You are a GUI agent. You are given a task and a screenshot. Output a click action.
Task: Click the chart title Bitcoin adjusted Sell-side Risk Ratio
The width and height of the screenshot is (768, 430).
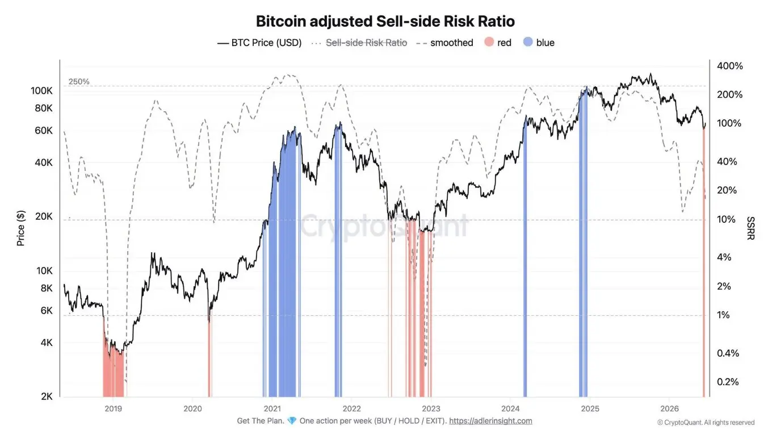[385, 21]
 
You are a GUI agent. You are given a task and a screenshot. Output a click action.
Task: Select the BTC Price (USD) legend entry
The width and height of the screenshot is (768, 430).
[259, 43]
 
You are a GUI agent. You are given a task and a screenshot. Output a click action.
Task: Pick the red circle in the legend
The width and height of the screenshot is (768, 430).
[489, 42]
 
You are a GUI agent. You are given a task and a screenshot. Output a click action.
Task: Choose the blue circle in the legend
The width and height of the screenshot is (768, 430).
[528, 42]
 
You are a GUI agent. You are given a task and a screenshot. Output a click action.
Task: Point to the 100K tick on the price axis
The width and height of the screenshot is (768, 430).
[42, 91]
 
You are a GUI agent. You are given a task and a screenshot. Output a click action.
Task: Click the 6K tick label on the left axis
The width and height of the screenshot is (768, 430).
[47, 311]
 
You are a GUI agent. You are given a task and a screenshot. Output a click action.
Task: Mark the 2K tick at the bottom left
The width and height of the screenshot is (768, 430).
[47, 396]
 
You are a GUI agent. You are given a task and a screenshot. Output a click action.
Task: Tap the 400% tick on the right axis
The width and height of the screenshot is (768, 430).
[730, 66]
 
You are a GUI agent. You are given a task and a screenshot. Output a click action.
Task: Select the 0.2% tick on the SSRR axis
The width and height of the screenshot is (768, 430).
[728, 382]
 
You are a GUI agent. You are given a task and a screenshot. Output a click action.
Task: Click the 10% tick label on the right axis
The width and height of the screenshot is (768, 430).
[726, 219]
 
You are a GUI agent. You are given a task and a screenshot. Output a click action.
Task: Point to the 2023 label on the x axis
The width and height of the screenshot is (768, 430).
[431, 409]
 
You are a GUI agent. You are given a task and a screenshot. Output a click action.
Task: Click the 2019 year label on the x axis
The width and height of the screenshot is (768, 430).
[113, 409]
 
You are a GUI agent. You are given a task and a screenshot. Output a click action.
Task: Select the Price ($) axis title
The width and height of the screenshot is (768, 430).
[20, 228]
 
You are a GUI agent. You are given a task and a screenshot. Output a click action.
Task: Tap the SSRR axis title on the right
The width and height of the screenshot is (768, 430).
[750, 228]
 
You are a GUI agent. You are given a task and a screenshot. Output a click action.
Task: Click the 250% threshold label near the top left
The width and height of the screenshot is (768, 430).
[79, 82]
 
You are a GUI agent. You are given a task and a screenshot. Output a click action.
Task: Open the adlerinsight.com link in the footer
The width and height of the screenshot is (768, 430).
[490, 421]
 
